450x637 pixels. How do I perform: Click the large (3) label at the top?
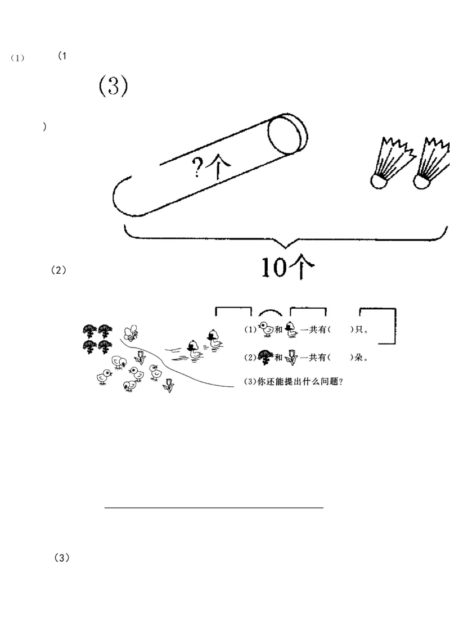pyautogui.click(x=114, y=86)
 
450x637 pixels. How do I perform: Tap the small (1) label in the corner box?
pyautogui.click(x=18, y=58)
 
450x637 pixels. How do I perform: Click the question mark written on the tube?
pyautogui.click(x=197, y=168)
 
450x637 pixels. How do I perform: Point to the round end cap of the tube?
pyautogui.click(x=287, y=135)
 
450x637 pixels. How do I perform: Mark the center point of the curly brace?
pyautogui.click(x=287, y=243)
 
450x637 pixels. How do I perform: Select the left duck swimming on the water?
pyautogui.click(x=193, y=350)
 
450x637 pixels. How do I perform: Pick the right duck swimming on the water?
pyautogui.click(x=214, y=340)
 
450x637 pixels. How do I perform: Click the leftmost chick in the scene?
pyautogui.click(x=104, y=377)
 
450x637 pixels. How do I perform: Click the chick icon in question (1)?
pyautogui.click(x=265, y=330)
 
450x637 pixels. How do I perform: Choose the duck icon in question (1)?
pyautogui.click(x=290, y=330)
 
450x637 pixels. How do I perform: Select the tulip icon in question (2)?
pyautogui.click(x=291, y=356)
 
